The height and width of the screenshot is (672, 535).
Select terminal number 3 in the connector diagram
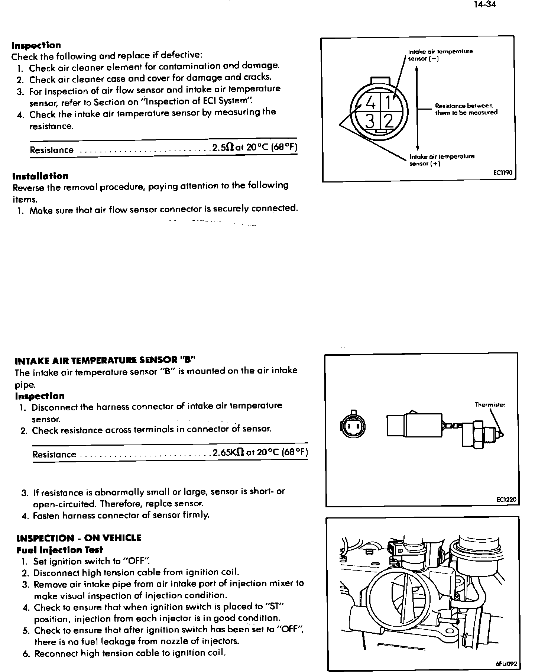(x=370, y=120)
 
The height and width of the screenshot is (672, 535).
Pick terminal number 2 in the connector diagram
(x=388, y=121)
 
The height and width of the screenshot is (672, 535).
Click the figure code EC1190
(x=503, y=173)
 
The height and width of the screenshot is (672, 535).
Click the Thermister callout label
(x=490, y=405)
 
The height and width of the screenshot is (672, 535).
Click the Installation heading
(x=40, y=176)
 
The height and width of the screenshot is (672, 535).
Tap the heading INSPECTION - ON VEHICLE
(x=79, y=538)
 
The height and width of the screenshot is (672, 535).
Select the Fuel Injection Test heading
(x=60, y=550)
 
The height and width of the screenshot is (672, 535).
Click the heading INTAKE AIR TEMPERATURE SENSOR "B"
(x=104, y=360)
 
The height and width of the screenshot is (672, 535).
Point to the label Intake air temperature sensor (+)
(x=441, y=160)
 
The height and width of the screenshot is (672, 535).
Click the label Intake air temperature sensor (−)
(x=440, y=55)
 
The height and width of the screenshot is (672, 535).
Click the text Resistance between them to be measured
(x=466, y=109)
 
